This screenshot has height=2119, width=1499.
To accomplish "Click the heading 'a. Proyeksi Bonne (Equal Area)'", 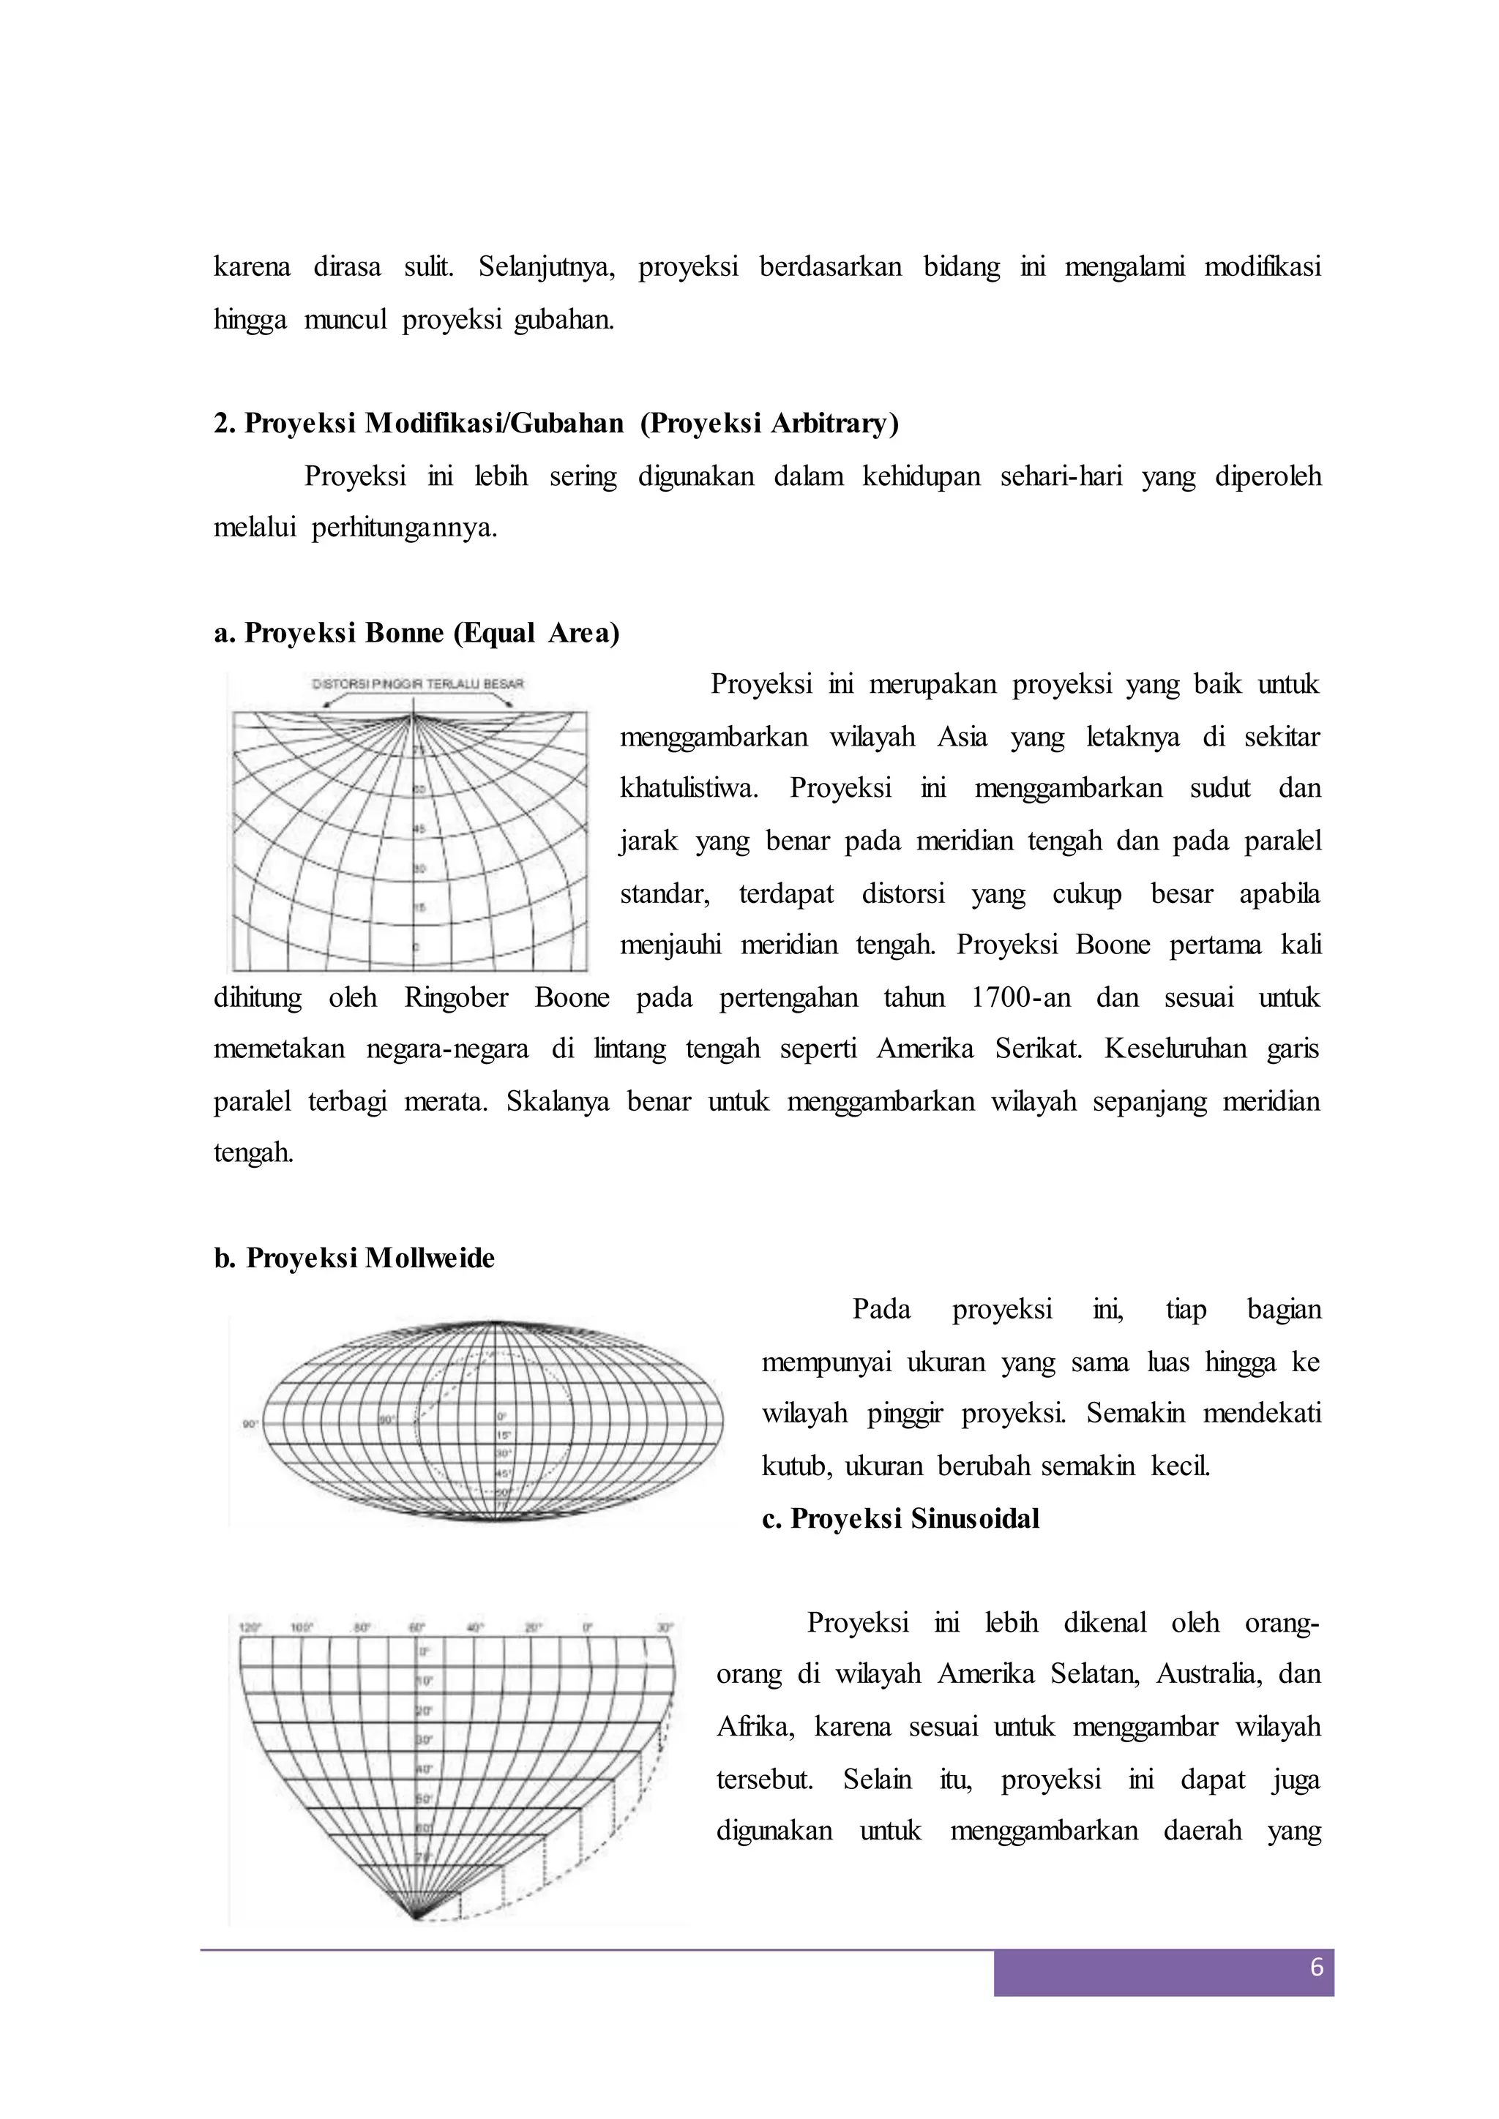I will coord(416,633).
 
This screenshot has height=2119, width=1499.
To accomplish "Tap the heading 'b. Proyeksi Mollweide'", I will coord(354,1259).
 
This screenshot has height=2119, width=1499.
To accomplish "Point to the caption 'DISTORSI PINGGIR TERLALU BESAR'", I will coord(418,684).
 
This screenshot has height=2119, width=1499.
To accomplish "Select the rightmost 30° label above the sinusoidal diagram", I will coord(665,1629).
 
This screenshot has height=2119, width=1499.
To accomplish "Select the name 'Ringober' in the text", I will coord(456,997).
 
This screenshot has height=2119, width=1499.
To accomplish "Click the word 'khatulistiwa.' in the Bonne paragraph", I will coord(689,789).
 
